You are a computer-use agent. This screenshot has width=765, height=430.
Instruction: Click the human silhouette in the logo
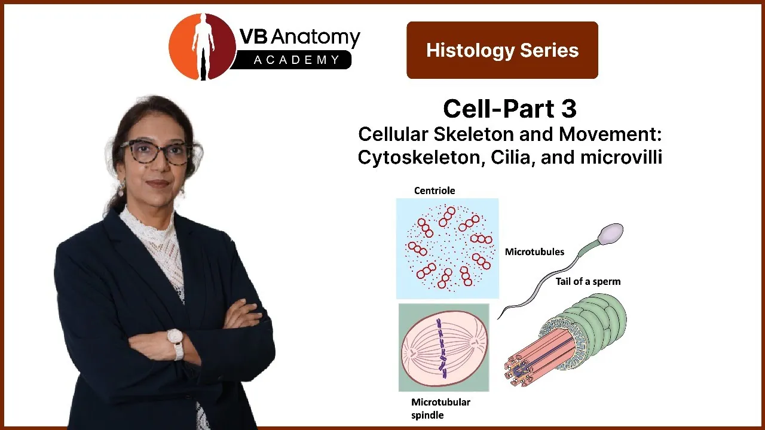(203, 46)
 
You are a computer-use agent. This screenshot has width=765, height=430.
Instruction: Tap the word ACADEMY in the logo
(296, 60)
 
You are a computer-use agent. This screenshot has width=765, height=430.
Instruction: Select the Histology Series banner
(502, 50)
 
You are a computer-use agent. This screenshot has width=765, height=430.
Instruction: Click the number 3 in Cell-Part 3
(568, 109)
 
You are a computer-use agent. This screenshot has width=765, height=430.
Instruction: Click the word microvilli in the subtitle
(621, 157)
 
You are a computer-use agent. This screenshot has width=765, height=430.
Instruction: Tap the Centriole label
(434, 191)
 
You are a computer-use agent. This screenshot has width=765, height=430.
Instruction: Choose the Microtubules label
(534, 252)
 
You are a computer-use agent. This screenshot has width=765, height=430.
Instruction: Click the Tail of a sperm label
(587, 281)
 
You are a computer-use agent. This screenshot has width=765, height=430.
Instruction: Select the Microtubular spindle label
(440, 408)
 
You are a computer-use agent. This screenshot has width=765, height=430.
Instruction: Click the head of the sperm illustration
(611, 234)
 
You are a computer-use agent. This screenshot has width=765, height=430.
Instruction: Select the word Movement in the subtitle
(610, 134)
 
